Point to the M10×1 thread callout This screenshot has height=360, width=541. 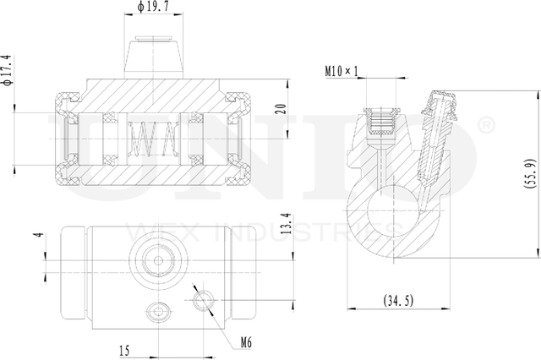pos(342,70)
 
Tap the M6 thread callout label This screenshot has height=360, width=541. pos(246,343)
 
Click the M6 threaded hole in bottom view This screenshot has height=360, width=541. pos(203,298)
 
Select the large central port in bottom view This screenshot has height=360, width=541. pos(155,260)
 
